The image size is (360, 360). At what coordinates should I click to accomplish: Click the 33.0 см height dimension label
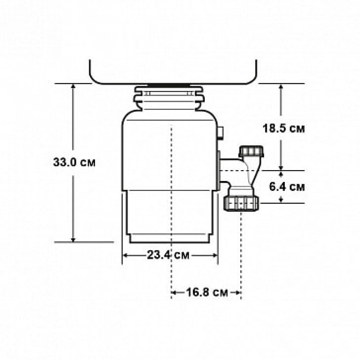click(74, 162)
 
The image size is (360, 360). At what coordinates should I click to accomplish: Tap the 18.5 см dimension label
click(284, 128)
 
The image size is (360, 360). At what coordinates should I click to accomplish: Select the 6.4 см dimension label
click(287, 187)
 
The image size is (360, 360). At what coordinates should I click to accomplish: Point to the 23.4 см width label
click(168, 255)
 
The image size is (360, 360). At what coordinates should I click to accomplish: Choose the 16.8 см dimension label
click(207, 292)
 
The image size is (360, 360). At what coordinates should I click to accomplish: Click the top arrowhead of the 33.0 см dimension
click(73, 86)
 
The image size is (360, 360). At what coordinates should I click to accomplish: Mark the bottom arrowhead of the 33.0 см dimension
click(73, 240)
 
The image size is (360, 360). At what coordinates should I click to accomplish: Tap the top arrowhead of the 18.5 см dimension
click(281, 86)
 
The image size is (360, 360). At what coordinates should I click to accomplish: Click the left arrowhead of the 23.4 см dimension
click(125, 255)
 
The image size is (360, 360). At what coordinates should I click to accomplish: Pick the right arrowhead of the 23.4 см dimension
click(215, 255)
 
